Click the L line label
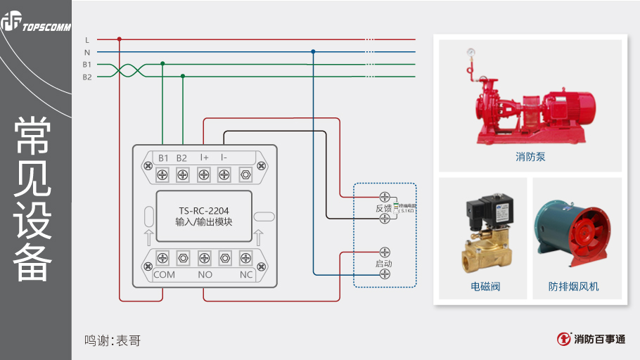(87, 39)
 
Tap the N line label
(87, 52)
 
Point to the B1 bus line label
(87, 65)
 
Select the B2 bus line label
(87, 77)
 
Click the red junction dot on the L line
(120, 39)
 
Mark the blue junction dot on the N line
(313, 51)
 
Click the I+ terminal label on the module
(204, 157)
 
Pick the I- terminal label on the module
(224, 157)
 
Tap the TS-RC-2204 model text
(204, 210)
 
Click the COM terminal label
(164, 274)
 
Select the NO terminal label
(205, 274)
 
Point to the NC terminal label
(245, 274)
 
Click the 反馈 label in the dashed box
(383, 209)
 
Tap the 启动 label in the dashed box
(383, 264)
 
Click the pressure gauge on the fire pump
(469, 52)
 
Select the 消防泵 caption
(530, 157)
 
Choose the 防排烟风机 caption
(574, 287)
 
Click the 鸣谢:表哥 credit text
(113, 341)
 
